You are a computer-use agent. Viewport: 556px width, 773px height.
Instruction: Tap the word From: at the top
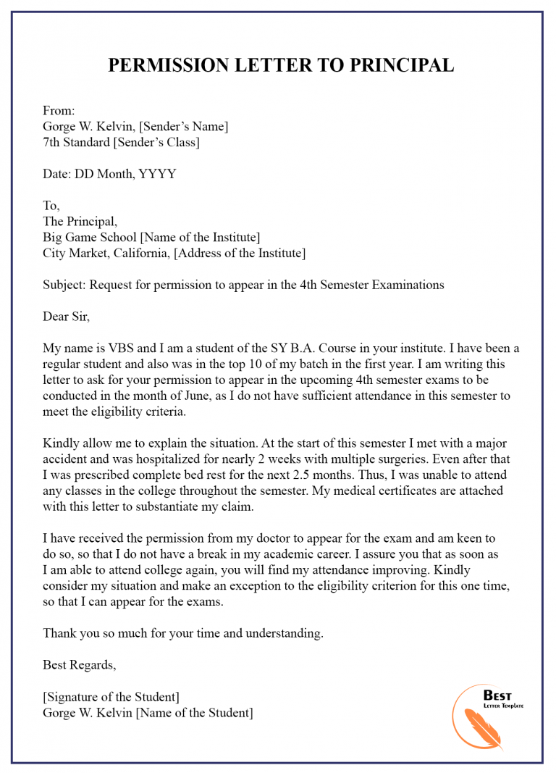[59, 111]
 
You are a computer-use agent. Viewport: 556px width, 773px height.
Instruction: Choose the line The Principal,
[80, 222]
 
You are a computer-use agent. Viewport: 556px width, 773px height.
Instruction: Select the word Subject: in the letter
[64, 285]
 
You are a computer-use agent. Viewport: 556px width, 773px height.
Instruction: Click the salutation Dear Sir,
[66, 317]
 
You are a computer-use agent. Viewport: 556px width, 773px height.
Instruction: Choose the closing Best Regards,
[79, 665]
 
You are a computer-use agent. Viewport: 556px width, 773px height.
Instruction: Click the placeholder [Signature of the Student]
[111, 697]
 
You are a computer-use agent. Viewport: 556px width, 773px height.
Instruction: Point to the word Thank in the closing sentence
[59, 633]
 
